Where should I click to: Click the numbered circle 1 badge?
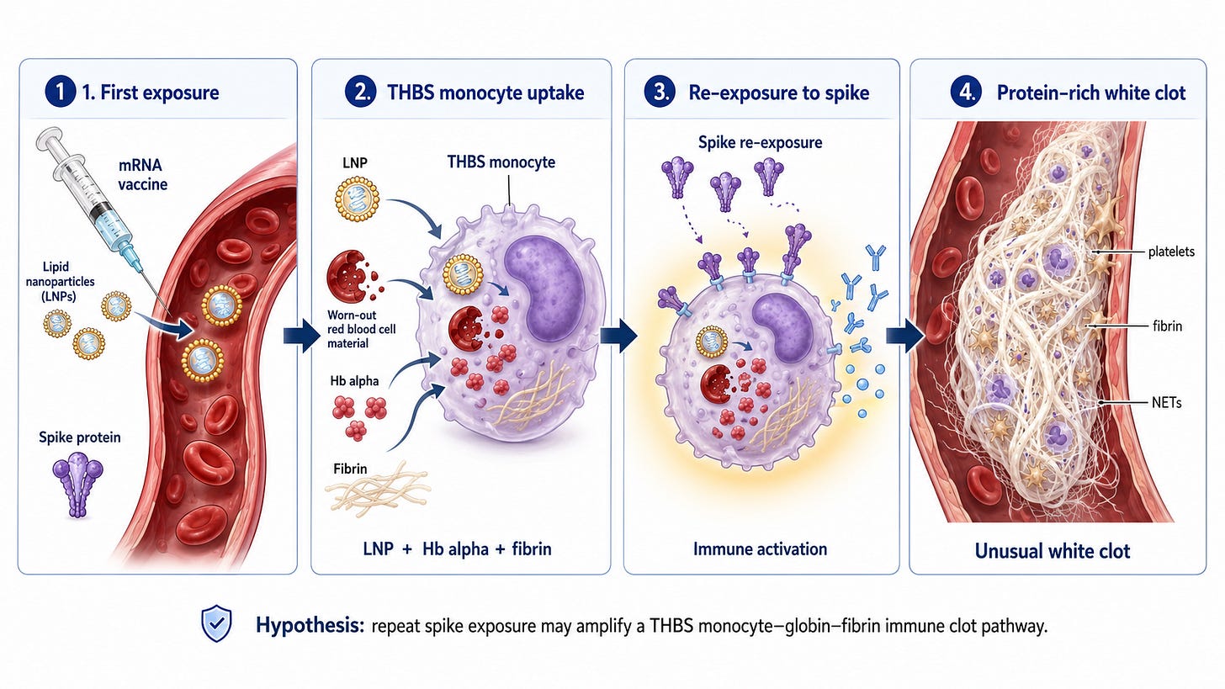click(61, 92)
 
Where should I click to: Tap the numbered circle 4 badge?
click(967, 92)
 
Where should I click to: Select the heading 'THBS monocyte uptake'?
click(485, 93)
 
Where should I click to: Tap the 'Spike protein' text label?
click(80, 437)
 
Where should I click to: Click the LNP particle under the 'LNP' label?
click(357, 199)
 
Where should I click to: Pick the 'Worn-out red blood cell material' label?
click(362, 329)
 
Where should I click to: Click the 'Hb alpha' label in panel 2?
click(354, 380)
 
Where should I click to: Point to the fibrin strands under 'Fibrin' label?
click(377, 490)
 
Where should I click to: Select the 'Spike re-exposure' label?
click(761, 143)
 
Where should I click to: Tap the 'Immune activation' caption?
click(761, 549)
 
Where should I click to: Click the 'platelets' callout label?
click(1171, 252)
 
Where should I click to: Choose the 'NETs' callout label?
click(1166, 403)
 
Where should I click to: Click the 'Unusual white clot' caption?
click(1053, 551)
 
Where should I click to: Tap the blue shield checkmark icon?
click(216, 623)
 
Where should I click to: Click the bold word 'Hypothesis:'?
click(310, 626)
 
